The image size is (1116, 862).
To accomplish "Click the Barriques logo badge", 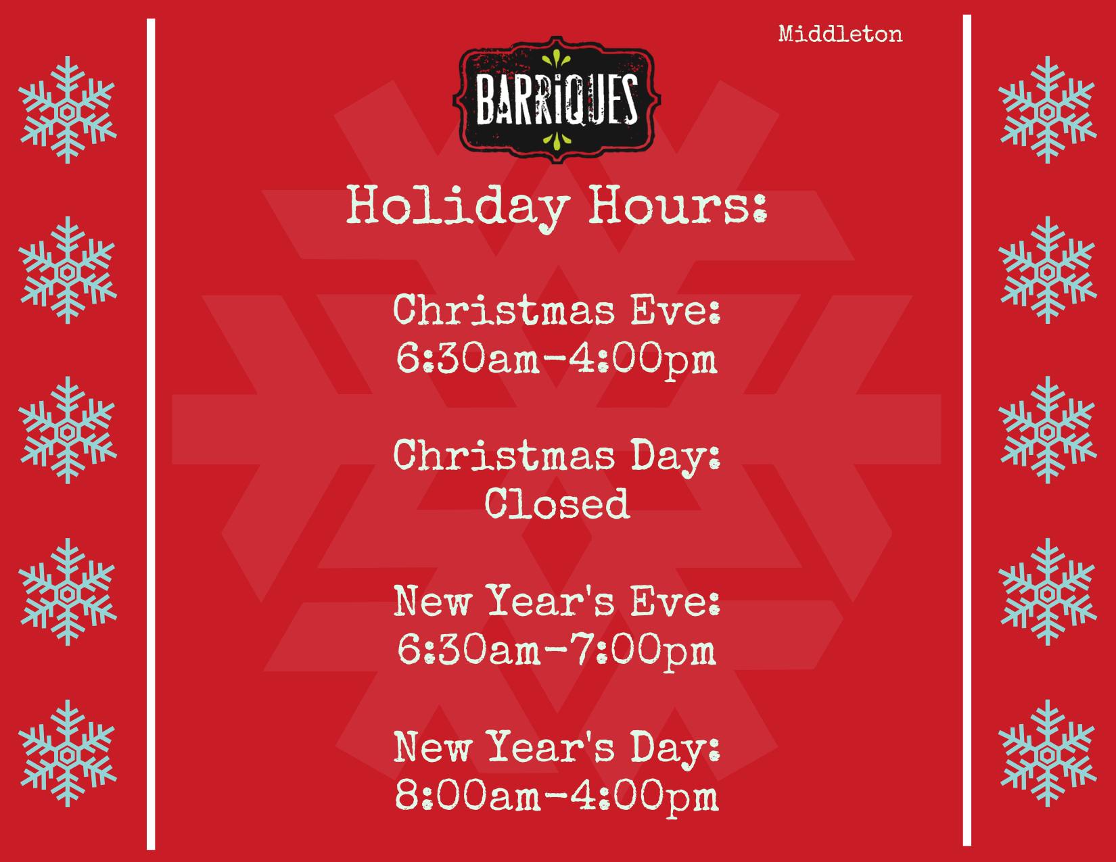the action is (x=556, y=99).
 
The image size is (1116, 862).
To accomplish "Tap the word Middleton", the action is (x=840, y=34).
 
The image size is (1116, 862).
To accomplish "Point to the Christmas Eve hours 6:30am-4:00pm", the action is (x=557, y=359).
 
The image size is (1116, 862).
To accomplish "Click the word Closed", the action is (x=557, y=503).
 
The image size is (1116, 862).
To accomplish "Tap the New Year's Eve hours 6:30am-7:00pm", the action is (x=557, y=650).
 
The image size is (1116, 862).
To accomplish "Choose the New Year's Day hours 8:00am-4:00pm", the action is (x=557, y=796).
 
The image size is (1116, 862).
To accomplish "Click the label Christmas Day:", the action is (x=557, y=457).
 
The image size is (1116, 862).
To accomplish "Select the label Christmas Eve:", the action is (x=557, y=310).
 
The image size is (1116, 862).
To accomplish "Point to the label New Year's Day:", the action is (x=557, y=748).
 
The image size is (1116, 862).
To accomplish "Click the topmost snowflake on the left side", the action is (x=67, y=110).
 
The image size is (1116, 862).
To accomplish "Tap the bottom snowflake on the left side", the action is (x=67, y=753).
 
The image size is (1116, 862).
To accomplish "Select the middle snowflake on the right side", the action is (x=1048, y=430).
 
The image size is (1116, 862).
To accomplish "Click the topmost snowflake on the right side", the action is (x=1048, y=110).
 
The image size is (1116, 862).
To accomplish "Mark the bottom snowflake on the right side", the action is (x=1048, y=753).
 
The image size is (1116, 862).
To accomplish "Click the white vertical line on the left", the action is (x=151, y=434).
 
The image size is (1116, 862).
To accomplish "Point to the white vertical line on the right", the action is (x=967, y=430).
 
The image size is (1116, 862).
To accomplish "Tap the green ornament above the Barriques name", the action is (x=556, y=59).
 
